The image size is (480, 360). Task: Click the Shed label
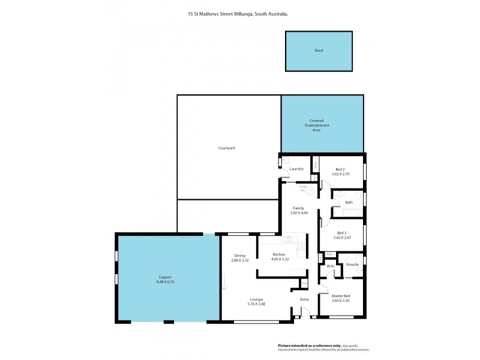319,51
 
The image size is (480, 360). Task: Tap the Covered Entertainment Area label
316,125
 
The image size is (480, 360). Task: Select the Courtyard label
226,148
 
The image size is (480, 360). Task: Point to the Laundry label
296,169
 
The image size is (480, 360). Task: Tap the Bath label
349,202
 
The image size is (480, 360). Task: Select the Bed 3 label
341,233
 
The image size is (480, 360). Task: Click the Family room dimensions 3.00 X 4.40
299,213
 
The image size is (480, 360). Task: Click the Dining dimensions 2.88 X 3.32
239,260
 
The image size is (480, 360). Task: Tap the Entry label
304,299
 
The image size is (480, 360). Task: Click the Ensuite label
352,264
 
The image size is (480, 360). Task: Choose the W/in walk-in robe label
330,266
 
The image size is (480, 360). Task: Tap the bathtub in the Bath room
346,211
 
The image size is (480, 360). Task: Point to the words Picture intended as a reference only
308,346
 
